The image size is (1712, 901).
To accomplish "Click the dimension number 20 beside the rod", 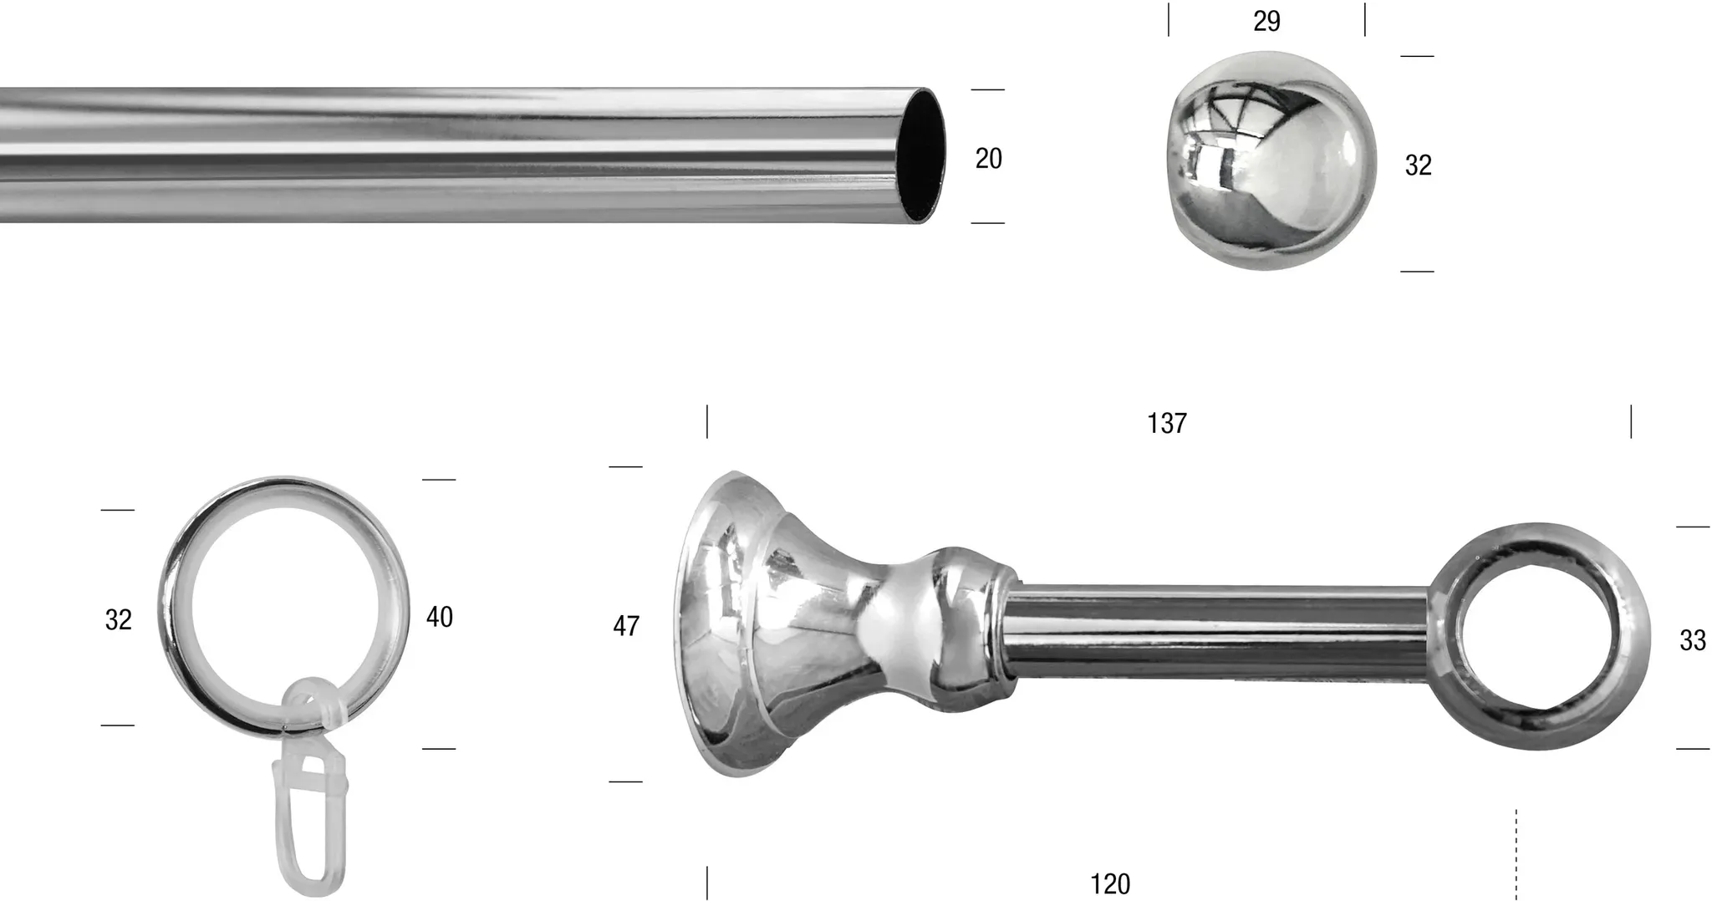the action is (x=988, y=158).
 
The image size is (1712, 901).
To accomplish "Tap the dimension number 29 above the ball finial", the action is (x=1266, y=21).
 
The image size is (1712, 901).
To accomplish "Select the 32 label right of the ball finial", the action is (x=1418, y=165).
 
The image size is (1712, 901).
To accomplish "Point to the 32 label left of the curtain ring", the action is (x=119, y=619).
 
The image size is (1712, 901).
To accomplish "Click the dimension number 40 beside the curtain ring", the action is (x=440, y=617).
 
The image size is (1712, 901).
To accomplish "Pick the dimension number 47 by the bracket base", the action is (x=626, y=625).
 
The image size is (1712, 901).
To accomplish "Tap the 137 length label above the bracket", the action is (x=1167, y=424).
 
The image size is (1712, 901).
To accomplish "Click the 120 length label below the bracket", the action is (x=1110, y=883).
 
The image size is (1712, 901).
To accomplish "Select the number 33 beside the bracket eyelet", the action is (x=1693, y=640).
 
